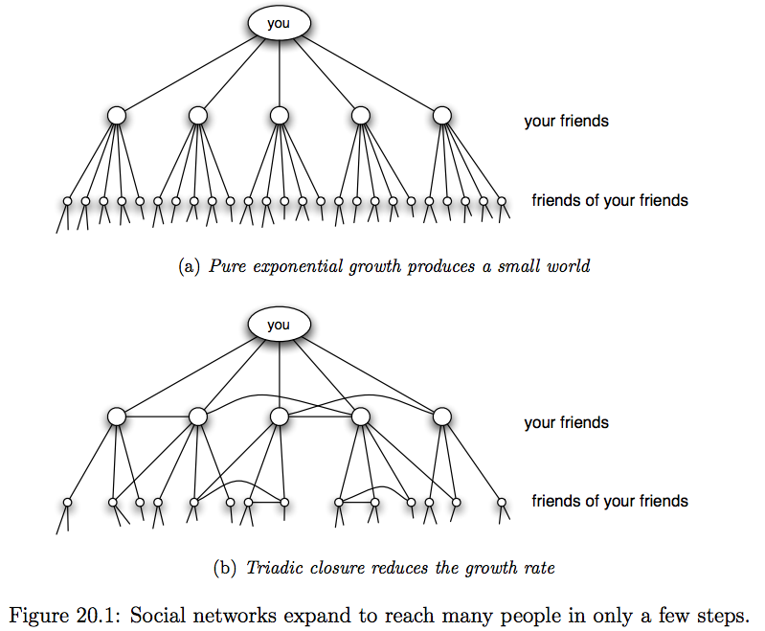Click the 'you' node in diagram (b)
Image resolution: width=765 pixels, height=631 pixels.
coord(278,325)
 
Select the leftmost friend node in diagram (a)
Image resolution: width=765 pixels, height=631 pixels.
coord(117,116)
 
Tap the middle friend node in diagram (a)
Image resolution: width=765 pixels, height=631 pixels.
coord(279,116)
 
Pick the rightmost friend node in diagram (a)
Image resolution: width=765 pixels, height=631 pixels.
coord(441,116)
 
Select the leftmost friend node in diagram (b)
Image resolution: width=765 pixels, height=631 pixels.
coord(117,417)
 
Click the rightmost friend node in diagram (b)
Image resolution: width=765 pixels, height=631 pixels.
coord(441,417)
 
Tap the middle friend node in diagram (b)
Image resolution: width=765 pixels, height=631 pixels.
coord(279,417)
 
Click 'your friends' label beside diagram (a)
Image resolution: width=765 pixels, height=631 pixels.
coord(566,122)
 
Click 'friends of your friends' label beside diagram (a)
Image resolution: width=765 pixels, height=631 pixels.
coord(610,200)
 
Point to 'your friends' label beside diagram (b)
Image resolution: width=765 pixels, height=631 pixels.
coord(566,423)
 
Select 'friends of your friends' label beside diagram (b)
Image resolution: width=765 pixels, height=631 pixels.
coord(610,501)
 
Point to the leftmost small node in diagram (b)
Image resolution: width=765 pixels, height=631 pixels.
coord(67,502)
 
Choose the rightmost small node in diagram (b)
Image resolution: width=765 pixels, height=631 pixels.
coord(501,502)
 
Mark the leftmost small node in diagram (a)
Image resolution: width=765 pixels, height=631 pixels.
coord(67,201)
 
